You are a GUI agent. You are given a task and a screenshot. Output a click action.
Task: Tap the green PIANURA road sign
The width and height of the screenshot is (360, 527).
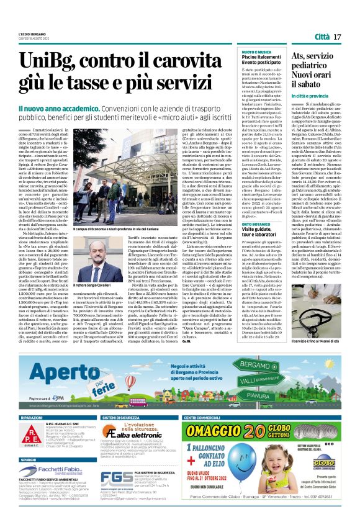click(260, 394)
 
